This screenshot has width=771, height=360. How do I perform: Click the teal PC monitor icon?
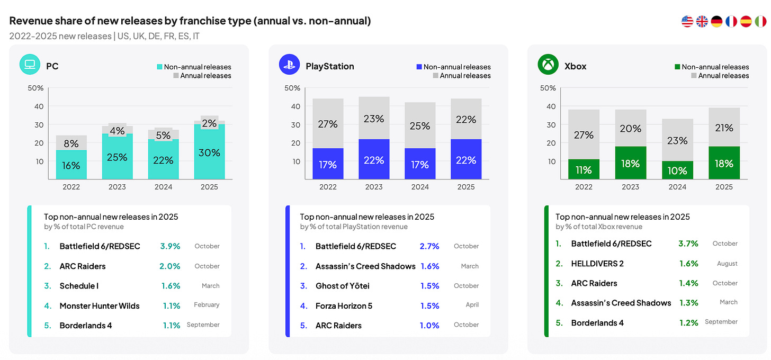pyautogui.click(x=30, y=65)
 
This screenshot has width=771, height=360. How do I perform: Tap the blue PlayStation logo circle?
pyautogui.click(x=289, y=65)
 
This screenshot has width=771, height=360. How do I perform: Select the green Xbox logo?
pyautogui.click(x=548, y=65)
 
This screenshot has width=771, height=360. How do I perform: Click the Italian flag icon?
pyautogui.click(x=760, y=21)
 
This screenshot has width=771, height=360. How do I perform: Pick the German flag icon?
pyautogui.click(x=716, y=21)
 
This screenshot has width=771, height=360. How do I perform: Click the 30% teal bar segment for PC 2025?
pyautogui.click(x=209, y=152)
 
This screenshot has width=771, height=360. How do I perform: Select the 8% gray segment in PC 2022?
pyautogui.click(x=71, y=143)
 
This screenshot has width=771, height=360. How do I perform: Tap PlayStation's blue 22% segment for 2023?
pyautogui.click(x=374, y=159)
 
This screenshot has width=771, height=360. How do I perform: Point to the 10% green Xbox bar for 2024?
pyautogui.click(x=677, y=170)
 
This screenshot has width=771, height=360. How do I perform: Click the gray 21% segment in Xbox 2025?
pyautogui.click(x=724, y=127)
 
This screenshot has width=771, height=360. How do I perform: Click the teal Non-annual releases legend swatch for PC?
pyautogui.click(x=159, y=67)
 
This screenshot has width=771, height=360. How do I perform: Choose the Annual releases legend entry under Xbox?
pyautogui.click(x=720, y=76)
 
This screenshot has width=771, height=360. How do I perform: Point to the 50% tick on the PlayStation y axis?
pyautogui.click(x=292, y=88)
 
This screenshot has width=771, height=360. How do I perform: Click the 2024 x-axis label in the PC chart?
pyautogui.click(x=163, y=187)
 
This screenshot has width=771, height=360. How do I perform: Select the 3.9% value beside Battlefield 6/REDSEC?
pyautogui.click(x=170, y=246)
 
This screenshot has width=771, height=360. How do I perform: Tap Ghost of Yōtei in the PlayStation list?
pyautogui.click(x=343, y=286)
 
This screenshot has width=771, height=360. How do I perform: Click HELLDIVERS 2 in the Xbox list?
pyautogui.click(x=597, y=264)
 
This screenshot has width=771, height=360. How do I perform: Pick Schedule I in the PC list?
pyautogui.click(x=79, y=286)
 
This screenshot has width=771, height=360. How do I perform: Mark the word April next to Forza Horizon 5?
pyautogui.click(x=472, y=304)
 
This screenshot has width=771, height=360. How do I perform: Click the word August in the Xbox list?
pyautogui.click(x=727, y=264)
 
